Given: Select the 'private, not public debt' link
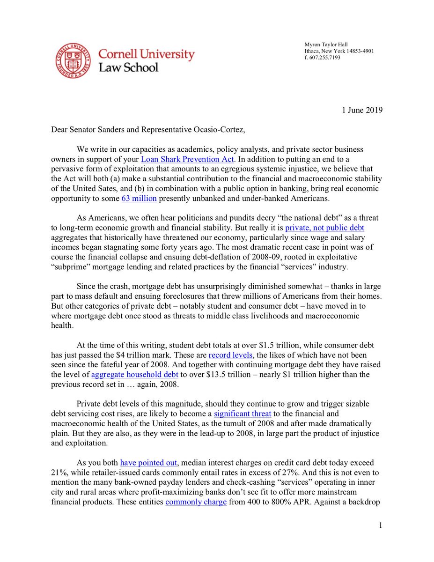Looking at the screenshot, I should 325,228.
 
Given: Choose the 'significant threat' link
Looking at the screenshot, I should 243,414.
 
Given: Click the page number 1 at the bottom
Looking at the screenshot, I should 381,525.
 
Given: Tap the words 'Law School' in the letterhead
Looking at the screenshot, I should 128,67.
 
